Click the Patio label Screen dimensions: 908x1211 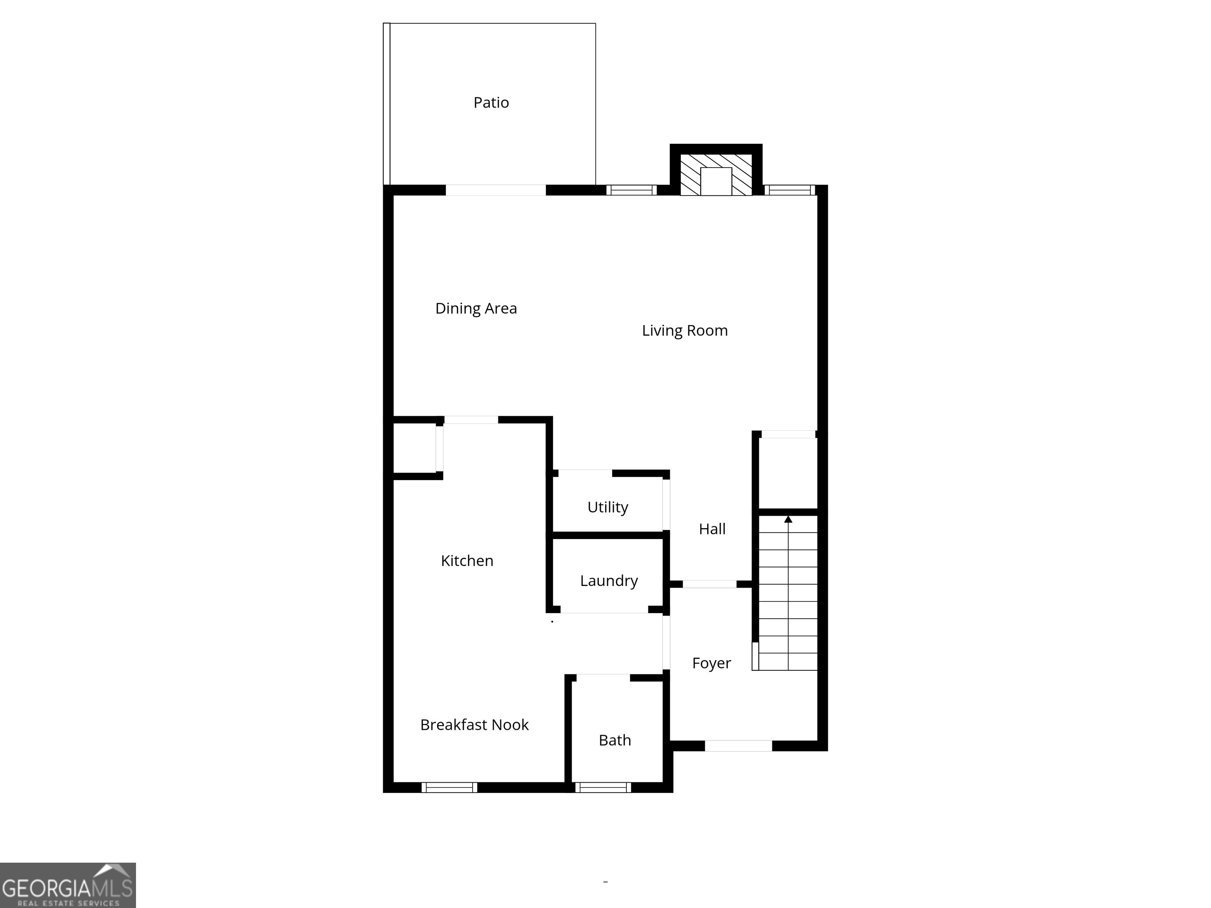point(491,102)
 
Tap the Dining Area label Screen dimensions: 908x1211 point(476,308)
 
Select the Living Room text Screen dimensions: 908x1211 point(684,331)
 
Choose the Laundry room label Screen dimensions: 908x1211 point(609,581)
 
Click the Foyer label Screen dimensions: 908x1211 point(711,663)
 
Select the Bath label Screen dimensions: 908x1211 point(615,740)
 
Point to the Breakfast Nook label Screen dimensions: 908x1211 point(474,725)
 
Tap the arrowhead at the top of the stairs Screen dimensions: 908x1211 point(788,519)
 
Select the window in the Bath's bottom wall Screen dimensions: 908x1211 point(603,787)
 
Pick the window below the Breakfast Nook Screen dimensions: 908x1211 point(449,787)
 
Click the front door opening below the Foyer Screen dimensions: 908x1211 point(738,746)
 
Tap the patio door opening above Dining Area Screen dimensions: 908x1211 point(496,190)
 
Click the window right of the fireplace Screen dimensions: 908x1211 point(790,190)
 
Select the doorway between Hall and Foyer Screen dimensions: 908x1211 point(710,584)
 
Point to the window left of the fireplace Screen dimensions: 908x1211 point(631,190)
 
